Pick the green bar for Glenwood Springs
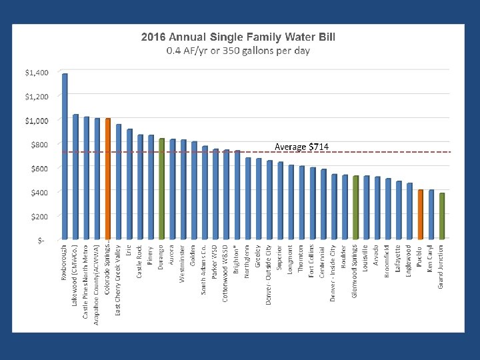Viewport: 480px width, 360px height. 356,207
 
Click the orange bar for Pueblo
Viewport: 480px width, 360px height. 421,213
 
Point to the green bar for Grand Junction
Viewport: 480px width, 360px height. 442,215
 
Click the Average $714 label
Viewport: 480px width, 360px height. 301,146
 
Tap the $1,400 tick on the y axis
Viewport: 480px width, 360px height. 37,72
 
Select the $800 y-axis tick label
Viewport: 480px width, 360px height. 39,144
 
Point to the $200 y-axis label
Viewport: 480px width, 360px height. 39,216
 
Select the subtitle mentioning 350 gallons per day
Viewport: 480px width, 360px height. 238,51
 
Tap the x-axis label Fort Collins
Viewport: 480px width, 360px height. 313,264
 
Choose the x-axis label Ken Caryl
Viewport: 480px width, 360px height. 431,261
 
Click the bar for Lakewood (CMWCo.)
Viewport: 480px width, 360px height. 75,176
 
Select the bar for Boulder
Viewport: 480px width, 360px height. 345,206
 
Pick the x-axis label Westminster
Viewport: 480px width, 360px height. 183,263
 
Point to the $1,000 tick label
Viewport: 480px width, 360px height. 37,120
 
